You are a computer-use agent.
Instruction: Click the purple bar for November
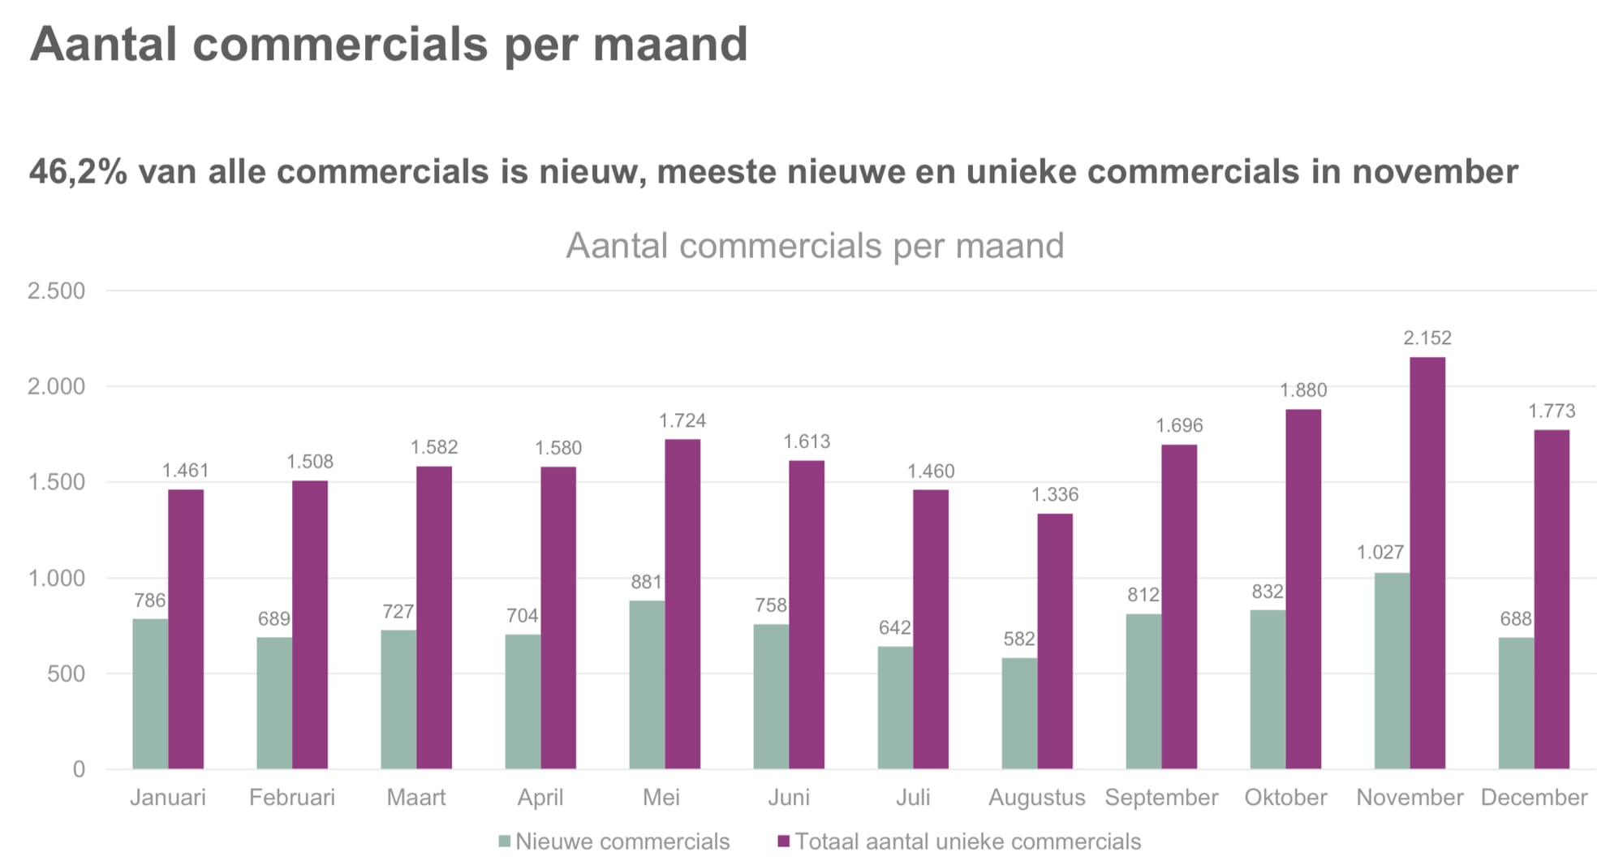pos(1427,563)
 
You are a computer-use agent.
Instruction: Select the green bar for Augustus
pos(1019,713)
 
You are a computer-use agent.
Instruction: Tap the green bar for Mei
pos(647,685)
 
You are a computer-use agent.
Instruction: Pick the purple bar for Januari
pos(186,629)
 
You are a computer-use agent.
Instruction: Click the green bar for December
pos(1516,703)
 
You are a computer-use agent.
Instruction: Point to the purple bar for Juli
pos(931,629)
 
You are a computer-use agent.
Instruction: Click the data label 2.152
pos(1427,338)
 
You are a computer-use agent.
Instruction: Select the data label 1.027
pos(1380,553)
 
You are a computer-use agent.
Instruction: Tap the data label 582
pos(1019,639)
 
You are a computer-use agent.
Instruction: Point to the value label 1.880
pos(1303,390)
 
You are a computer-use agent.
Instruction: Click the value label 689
pos(274,619)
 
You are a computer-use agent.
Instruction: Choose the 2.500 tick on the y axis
pos(56,291)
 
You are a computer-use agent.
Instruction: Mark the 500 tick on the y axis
pos(66,674)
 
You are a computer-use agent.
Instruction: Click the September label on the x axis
pos(1161,798)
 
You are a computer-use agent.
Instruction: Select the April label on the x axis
pos(540,798)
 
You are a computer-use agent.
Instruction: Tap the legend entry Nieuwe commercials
pos(614,842)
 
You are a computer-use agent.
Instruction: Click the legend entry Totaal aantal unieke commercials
pos(959,842)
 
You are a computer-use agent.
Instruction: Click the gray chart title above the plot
pos(815,246)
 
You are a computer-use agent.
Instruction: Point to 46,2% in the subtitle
pos(78,172)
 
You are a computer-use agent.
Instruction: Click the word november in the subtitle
pos(1435,172)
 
